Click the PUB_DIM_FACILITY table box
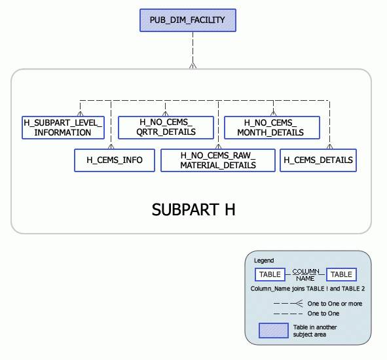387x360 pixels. click(x=187, y=20)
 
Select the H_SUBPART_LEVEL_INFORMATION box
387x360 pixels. click(x=63, y=128)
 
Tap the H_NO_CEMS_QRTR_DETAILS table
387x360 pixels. click(x=166, y=128)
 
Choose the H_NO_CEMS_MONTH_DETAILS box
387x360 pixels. click(x=271, y=128)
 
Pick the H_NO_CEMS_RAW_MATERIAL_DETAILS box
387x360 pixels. click(x=217, y=160)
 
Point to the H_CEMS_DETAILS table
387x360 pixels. click(x=318, y=160)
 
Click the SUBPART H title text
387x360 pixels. click(x=193, y=210)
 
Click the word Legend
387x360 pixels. click(x=264, y=261)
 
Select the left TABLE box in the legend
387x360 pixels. click(x=270, y=274)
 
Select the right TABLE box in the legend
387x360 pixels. click(x=341, y=274)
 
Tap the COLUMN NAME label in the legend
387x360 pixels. click(x=305, y=274)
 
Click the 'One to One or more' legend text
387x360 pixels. click(x=334, y=304)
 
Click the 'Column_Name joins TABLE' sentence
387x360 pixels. click(x=307, y=289)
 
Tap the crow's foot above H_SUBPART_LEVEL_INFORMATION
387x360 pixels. click(x=80, y=113)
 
